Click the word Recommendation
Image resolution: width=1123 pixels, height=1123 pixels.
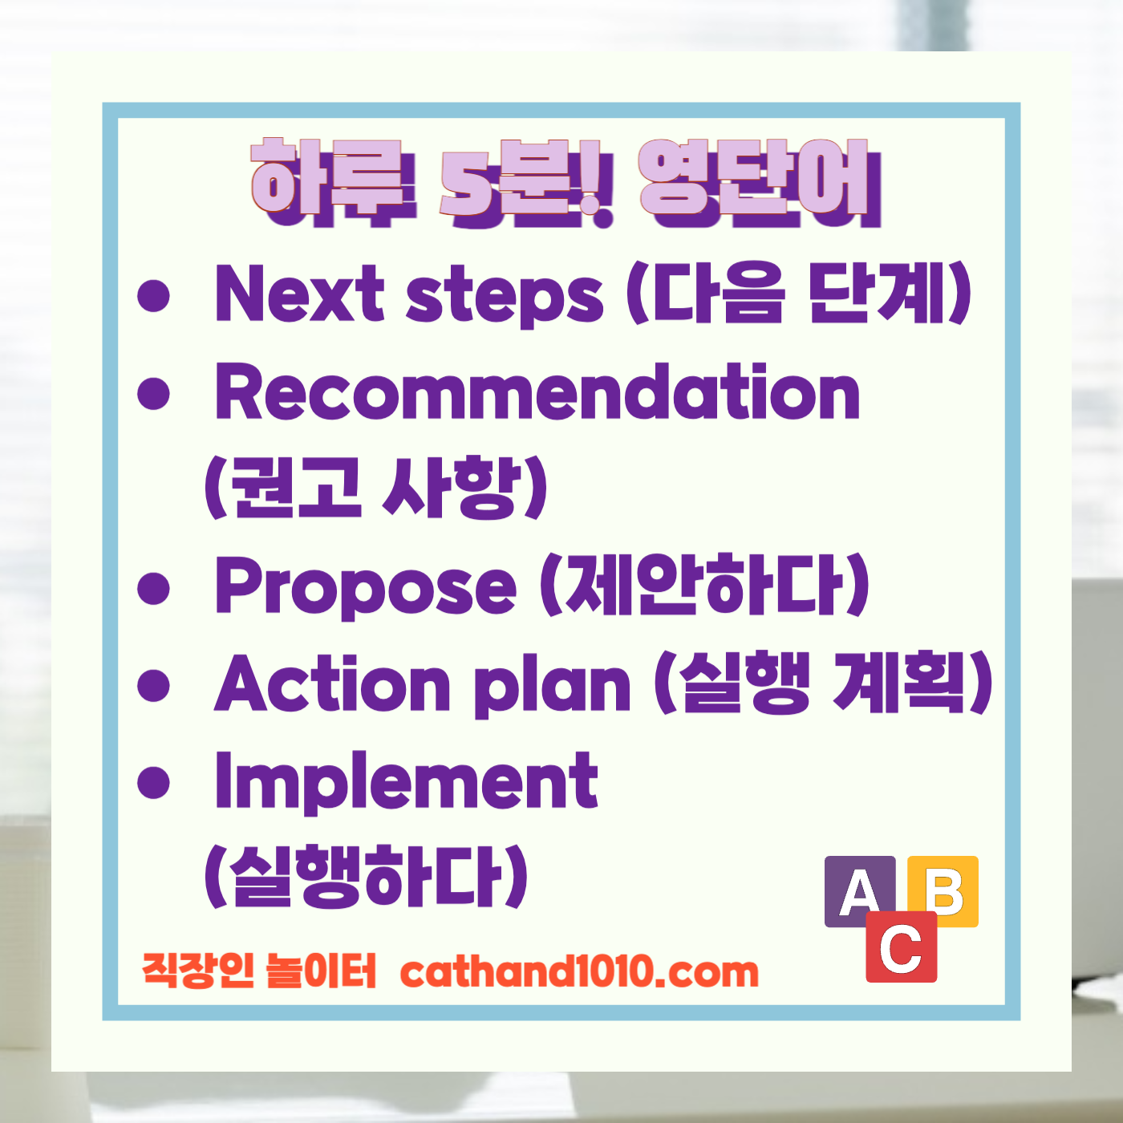click(x=537, y=393)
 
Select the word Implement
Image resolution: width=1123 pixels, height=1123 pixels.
click(x=406, y=781)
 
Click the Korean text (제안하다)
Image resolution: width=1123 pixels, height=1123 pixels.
click(x=704, y=586)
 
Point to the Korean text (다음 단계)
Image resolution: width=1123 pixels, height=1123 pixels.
click(x=799, y=294)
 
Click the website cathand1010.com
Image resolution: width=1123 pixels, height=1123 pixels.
click(x=578, y=972)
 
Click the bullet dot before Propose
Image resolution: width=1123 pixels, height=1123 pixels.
click(x=154, y=588)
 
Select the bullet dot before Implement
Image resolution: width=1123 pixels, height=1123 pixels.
click(x=154, y=782)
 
